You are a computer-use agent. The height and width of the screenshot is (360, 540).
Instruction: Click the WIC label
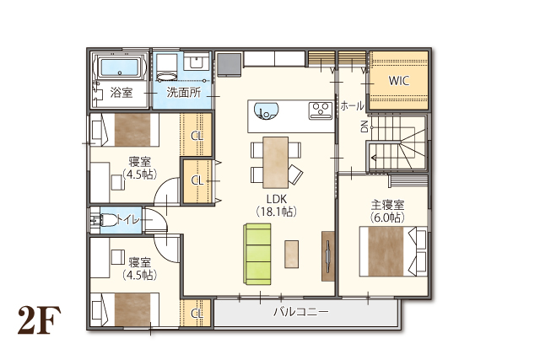pyautogui.click(x=399, y=81)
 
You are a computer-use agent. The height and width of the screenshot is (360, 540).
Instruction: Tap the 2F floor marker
pyautogui.click(x=40, y=320)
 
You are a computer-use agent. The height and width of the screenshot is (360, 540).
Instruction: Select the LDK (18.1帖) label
pyautogui.click(x=277, y=205)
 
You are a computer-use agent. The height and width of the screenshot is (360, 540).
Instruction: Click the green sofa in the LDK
pyautogui.click(x=257, y=254)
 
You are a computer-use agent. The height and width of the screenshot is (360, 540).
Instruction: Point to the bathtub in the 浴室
pyautogui.click(x=120, y=67)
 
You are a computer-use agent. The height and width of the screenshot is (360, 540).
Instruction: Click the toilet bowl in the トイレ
pyautogui.click(x=108, y=219)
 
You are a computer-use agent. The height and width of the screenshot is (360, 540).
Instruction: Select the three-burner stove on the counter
pyautogui.click(x=321, y=110)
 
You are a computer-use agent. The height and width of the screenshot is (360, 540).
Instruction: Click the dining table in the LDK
pyautogui.click(x=276, y=163)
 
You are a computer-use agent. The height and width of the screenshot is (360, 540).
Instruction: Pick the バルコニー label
pyautogui.click(x=301, y=312)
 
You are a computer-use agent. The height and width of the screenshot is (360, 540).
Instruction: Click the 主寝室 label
pyautogui.click(x=387, y=205)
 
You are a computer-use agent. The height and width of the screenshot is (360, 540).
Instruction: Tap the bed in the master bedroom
pyautogui.click(x=393, y=251)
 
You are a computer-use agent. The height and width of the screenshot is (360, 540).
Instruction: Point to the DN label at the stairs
pyautogui.click(x=364, y=126)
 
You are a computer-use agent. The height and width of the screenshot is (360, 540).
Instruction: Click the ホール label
pyautogui.click(x=352, y=106)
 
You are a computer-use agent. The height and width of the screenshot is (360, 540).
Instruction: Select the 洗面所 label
pyautogui.click(x=184, y=92)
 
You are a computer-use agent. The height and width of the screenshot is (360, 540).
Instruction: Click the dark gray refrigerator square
pyautogui.click(x=229, y=65)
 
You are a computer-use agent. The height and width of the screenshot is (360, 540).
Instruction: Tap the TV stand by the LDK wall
pyautogui.click(x=328, y=256)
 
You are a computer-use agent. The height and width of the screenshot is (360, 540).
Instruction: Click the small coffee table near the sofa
pyautogui.click(x=291, y=254)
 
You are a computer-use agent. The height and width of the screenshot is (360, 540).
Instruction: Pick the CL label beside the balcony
pyautogui.click(x=197, y=314)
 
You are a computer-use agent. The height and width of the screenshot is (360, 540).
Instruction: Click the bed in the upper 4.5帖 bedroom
pyautogui.click(x=124, y=130)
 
